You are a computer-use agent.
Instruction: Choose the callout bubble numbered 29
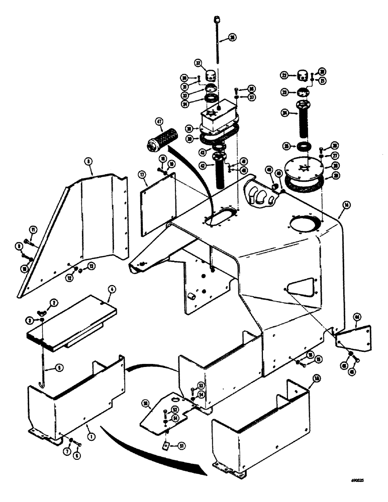(x=331, y=176)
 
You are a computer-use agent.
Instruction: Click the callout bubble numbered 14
(x=346, y=205)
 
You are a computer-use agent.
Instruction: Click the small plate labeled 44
(x=354, y=338)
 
